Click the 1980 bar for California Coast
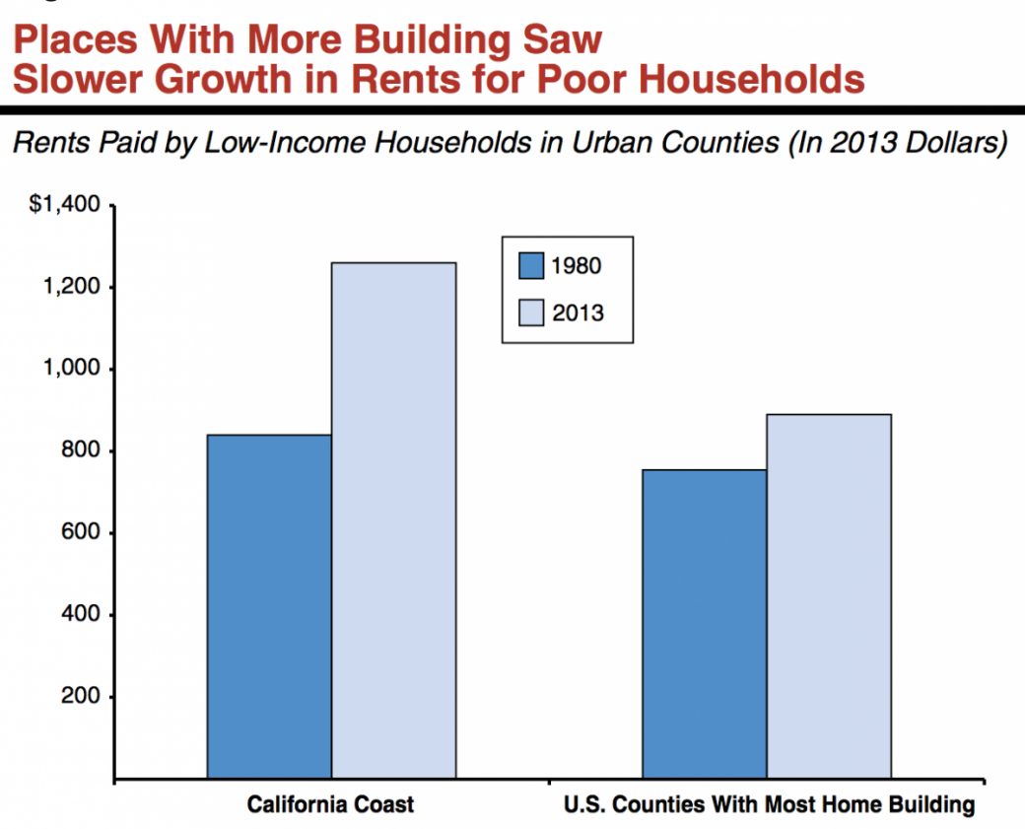pyautogui.click(x=269, y=606)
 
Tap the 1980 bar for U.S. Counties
pyautogui.click(x=705, y=624)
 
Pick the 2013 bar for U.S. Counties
pyautogui.click(x=829, y=596)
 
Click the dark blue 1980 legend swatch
pyautogui.click(x=531, y=266)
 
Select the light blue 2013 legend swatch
pyautogui.click(x=531, y=313)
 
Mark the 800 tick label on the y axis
pyautogui.click(x=83, y=451)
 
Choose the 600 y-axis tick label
pyautogui.click(x=83, y=533)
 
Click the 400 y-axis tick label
pyautogui.click(x=83, y=615)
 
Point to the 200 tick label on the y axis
pyautogui.click(x=83, y=697)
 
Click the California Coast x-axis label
pyautogui.click(x=330, y=804)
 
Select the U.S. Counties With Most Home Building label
pyautogui.click(x=769, y=804)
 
